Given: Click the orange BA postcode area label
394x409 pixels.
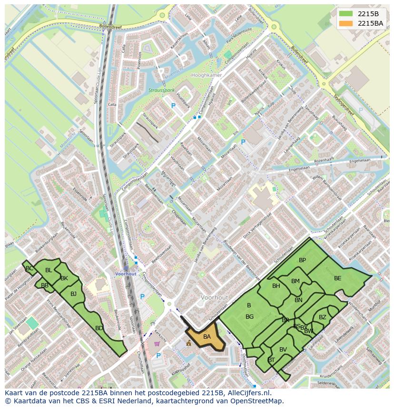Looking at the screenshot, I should click(x=207, y=337).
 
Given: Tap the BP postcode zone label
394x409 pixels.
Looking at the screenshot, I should click(x=302, y=260).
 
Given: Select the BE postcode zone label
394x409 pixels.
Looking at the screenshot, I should click(x=337, y=278).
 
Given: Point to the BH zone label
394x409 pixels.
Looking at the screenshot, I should click(x=276, y=286).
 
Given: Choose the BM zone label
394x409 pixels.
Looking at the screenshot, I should click(x=295, y=281).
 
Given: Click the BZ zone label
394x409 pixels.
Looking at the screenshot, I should click(x=323, y=317).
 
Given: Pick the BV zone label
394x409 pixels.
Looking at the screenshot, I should click(x=283, y=350).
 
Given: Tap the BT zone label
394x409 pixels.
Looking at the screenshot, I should click(x=271, y=360).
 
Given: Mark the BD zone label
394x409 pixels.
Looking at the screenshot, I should click(x=99, y=328).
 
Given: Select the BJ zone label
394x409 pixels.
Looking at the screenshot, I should click(x=73, y=294).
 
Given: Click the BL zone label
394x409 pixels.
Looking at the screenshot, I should click(x=49, y=270).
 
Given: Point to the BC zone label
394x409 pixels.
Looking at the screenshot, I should click(x=30, y=268).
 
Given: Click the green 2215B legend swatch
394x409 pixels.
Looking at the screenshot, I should click(x=346, y=13).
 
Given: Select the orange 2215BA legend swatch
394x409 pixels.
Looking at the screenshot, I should click(x=346, y=23).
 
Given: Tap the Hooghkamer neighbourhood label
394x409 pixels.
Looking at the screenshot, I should click(x=206, y=76).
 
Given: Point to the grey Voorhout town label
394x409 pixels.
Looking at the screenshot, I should click(x=214, y=297).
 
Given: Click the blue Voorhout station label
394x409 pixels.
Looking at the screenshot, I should click(x=126, y=274).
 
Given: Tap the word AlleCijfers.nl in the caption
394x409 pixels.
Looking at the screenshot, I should click(x=249, y=393).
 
